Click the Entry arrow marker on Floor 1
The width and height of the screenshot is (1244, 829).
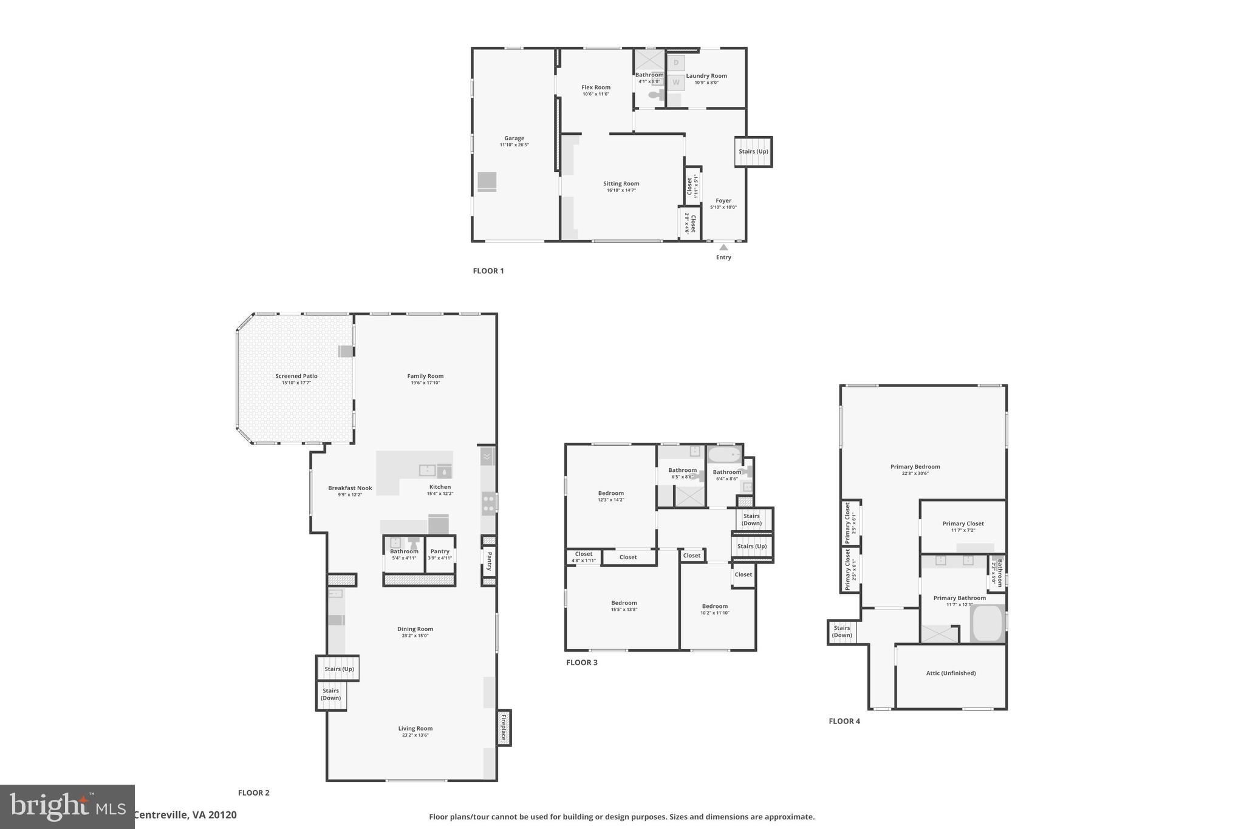click(x=723, y=247)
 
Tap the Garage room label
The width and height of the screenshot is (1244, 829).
click(x=514, y=138)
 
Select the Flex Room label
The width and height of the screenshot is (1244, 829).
click(x=595, y=87)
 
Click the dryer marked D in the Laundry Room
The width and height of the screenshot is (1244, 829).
click(x=676, y=63)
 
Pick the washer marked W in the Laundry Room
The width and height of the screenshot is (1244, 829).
click(x=676, y=83)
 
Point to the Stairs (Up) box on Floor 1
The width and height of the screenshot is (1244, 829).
click(x=753, y=152)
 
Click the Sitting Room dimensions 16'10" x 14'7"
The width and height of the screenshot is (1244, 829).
click(x=621, y=191)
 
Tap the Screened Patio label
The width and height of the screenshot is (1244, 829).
click(x=296, y=377)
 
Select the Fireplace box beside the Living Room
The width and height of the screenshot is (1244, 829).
click(x=504, y=728)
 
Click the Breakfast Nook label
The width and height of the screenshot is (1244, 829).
click(x=350, y=488)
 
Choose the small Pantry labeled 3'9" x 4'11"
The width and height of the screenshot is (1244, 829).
click(x=440, y=554)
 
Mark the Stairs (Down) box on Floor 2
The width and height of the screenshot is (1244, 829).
click(x=331, y=695)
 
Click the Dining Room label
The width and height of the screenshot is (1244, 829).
click(x=415, y=629)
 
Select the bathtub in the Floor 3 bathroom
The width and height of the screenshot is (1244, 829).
click(x=725, y=455)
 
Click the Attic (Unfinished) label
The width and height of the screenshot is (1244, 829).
click(x=951, y=673)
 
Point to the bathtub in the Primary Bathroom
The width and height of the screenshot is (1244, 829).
click(x=988, y=624)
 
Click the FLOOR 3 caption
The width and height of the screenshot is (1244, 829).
click(x=582, y=663)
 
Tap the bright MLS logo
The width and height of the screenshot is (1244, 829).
click(x=67, y=807)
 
